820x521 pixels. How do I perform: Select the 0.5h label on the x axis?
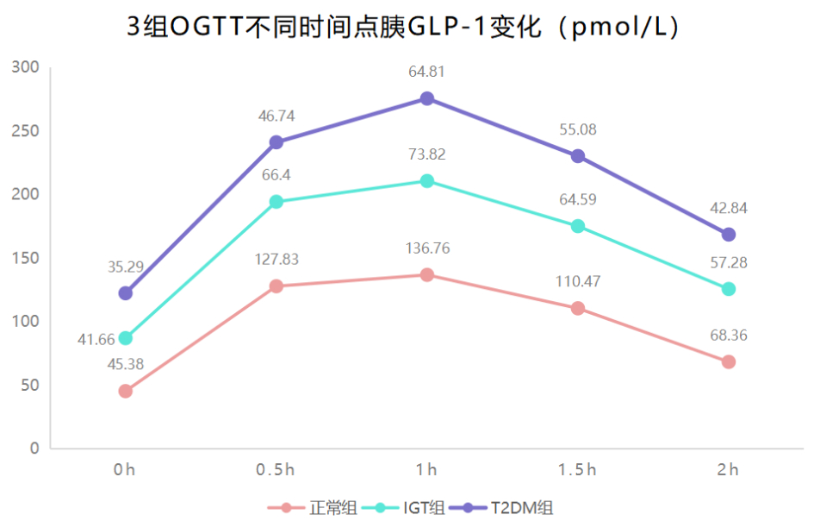(x=276, y=470)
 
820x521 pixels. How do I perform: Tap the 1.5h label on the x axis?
(x=577, y=470)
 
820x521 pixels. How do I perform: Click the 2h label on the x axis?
(x=729, y=470)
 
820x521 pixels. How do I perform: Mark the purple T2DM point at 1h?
(x=426, y=98)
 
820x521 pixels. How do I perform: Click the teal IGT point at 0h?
(x=126, y=338)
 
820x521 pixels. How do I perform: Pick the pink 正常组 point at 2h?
(x=729, y=361)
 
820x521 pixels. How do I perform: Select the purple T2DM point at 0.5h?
(x=276, y=142)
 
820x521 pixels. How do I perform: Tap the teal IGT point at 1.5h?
(x=577, y=226)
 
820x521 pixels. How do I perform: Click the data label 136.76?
(x=426, y=248)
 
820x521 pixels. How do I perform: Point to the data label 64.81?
(x=426, y=72)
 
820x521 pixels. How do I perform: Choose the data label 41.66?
(x=96, y=340)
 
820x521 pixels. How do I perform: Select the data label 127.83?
(x=276, y=260)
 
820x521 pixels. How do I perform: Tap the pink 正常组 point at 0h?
(x=126, y=391)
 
